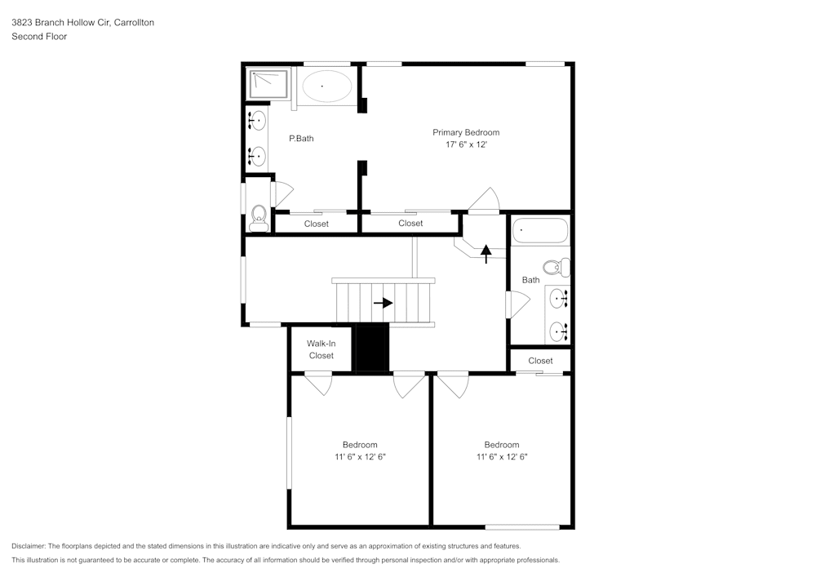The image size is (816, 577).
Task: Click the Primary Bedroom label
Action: tap(465, 132)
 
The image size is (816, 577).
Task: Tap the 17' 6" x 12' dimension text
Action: tap(465, 144)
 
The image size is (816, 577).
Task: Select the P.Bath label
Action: tap(301, 139)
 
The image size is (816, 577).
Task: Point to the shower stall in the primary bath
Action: tap(268, 82)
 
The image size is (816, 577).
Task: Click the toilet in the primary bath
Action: tap(259, 215)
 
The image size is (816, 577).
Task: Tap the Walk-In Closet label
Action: tap(321, 349)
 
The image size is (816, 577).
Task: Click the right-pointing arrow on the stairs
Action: tap(383, 302)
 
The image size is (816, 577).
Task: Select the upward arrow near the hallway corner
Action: tap(486, 253)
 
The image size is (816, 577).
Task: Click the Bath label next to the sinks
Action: tap(530, 280)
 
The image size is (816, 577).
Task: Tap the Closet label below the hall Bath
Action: tap(540, 361)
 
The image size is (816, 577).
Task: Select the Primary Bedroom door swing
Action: tap(485, 201)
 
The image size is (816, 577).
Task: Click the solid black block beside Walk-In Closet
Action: tap(372, 348)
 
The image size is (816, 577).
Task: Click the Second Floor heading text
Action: tap(39, 37)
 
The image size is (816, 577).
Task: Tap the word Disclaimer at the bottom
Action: tap(29, 546)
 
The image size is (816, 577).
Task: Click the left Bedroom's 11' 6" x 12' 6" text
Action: tap(360, 457)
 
